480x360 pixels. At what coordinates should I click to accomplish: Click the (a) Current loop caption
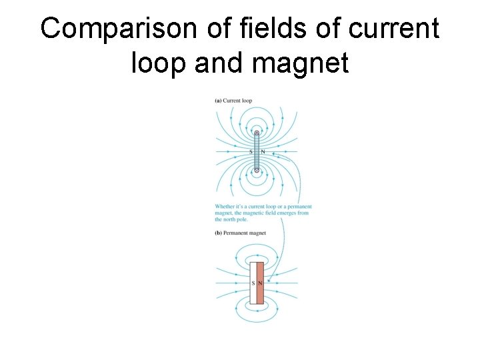pyautogui.click(x=233, y=101)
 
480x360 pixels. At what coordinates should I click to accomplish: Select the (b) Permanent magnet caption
pyautogui.click(x=241, y=233)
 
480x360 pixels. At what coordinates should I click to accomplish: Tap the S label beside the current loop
pyautogui.click(x=251, y=151)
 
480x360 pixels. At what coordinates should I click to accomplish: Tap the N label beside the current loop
pyautogui.click(x=263, y=151)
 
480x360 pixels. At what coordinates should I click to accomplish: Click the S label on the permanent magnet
pyautogui.click(x=253, y=283)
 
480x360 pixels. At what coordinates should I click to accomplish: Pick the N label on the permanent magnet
pyautogui.click(x=260, y=283)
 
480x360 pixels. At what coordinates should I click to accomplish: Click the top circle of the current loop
pyautogui.click(x=257, y=133)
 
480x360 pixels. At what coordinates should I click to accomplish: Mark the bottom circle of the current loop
pyautogui.click(x=257, y=171)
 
